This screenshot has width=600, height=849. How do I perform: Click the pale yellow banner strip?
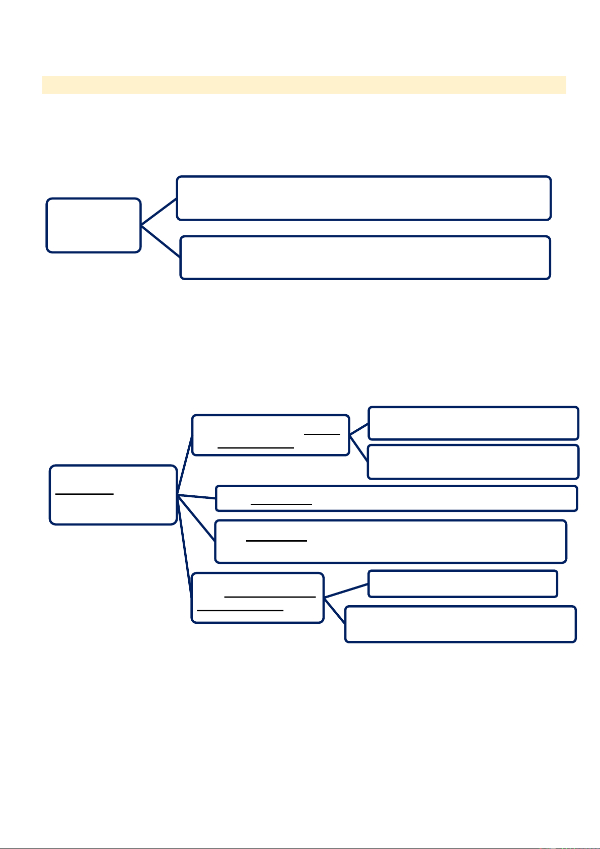pos(304,85)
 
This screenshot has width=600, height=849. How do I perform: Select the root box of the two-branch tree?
pos(93,225)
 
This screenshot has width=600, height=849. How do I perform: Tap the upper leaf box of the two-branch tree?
pos(363,198)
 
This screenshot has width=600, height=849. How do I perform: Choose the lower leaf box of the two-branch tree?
pos(365,257)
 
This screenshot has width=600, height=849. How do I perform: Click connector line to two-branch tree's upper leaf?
pos(159,212)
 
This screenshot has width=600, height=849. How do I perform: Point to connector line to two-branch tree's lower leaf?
pos(161,242)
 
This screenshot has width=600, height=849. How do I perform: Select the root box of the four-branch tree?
pos(113,495)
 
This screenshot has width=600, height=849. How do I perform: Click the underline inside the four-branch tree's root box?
pos(85,494)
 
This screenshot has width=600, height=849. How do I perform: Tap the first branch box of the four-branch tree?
pos(270,435)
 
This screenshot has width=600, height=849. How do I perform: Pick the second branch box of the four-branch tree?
pos(396,498)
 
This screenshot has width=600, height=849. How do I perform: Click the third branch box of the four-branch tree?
pos(391,541)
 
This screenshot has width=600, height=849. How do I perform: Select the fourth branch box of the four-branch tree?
pos(257,598)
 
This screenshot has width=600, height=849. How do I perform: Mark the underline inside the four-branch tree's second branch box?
pos(281,504)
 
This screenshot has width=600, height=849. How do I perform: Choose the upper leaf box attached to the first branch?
pos(473,423)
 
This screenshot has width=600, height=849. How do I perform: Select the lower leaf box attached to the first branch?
pos(473,462)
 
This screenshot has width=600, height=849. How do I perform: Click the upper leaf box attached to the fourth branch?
pos(463,583)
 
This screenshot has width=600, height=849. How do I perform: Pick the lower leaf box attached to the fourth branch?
pos(460,624)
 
